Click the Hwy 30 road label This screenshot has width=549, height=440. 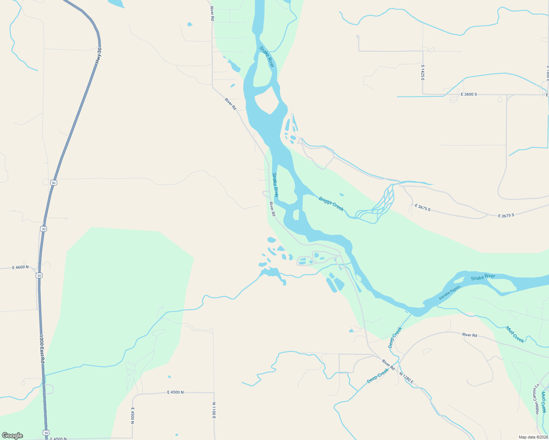click(98, 56)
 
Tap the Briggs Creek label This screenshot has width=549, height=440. click(331, 204)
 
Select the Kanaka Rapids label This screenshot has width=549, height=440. click(450, 293)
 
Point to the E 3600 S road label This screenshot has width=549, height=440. click(469, 94)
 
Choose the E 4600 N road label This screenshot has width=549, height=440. click(20, 267)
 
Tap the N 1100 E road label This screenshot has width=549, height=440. click(214, 410)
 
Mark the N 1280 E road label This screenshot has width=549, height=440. click(406, 378)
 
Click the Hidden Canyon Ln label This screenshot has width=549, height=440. click(537, 398)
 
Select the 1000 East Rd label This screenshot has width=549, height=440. click(42, 349)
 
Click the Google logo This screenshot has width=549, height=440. click(12, 436)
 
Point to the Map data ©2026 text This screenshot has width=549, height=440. click(533, 437)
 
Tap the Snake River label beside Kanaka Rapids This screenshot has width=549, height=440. click(483, 277)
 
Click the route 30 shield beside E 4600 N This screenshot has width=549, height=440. click(39, 275)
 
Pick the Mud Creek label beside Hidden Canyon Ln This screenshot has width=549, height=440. click(543, 402)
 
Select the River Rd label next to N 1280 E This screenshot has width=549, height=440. click(388, 364)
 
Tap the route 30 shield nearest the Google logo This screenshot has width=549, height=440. click(46, 433)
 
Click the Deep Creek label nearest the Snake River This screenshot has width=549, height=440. click(395, 337)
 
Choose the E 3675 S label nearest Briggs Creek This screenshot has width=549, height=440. click(422, 208)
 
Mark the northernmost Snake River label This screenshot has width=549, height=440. click(266, 56)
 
